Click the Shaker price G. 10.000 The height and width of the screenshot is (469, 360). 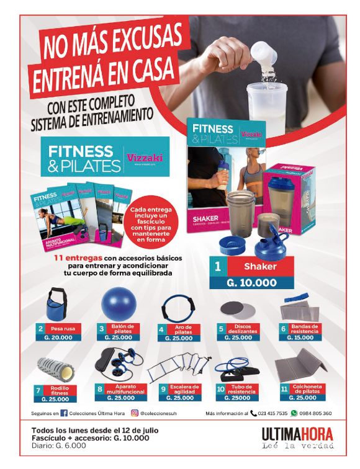click(x=250, y=282)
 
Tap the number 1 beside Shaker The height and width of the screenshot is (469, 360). click(x=218, y=267)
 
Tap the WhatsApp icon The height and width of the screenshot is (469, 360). click(x=294, y=413)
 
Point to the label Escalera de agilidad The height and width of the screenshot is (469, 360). click(x=186, y=390)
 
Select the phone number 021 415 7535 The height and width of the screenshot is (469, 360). click(x=273, y=413)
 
